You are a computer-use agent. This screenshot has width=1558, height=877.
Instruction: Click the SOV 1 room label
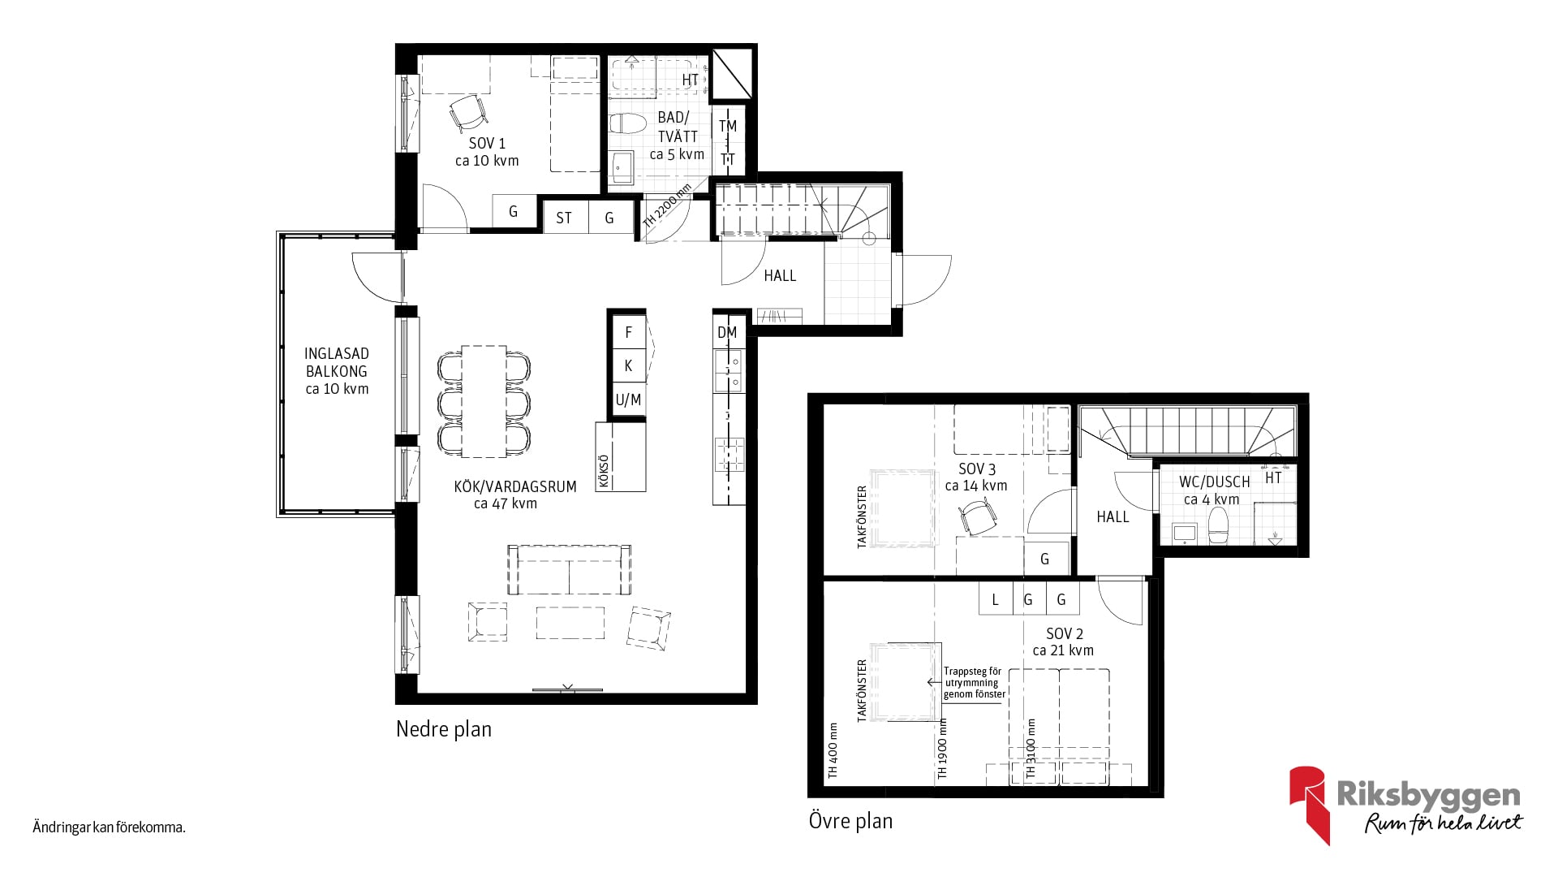pyautogui.click(x=487, y=152)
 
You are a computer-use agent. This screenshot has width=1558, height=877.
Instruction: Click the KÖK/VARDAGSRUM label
pyautogui.click(x=515, y=495)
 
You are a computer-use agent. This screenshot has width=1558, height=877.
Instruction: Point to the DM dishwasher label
pyautogui.click(x=727, y=332)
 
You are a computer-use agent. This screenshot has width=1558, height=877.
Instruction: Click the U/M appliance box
pyautogui.click(x=628, y=400)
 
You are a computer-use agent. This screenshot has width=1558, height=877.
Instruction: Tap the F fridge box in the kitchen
pyautogui.click(x=628, y=332)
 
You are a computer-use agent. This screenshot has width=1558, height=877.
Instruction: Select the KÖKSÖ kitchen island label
pyautogui.click(x=603, y=470)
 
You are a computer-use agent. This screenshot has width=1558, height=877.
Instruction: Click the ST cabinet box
pyautogui.click(x=564, y=218)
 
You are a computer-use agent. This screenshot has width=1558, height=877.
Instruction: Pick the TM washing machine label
pyautogui.click(x=728, y=126)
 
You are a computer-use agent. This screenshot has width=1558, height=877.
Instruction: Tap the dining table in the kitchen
pyautogui.click(x=484, y=401)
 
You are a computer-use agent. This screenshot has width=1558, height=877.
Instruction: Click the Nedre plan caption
pyautogui.click(x=444, y=729)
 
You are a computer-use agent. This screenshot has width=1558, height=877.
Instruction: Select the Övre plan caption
pyautogui.click(x=850, y=821)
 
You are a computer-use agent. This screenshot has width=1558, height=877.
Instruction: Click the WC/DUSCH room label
pyautogui.click(x=1215, y=490)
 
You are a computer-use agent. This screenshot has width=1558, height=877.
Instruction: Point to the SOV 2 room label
pyautogui.click(x=1064, y=642)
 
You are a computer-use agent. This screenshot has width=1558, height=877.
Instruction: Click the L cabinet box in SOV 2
pyautogui.click(x=996, y=600)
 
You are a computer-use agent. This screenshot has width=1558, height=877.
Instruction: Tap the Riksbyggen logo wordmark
pyautogui.click(x=1428, y=796)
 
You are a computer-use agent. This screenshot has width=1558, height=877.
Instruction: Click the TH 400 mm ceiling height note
pyautogui.click(x=833, y=751)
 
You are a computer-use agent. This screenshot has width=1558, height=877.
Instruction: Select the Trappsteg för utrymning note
pyautogui.click(x=974, y=683)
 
